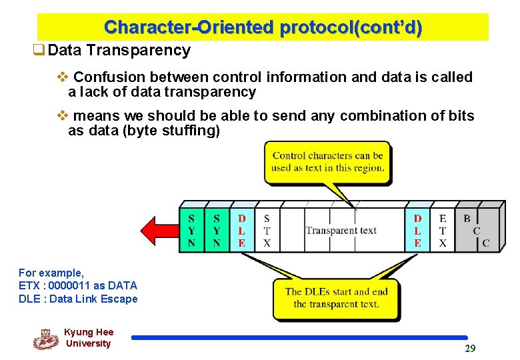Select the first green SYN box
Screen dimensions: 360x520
pos(191,230)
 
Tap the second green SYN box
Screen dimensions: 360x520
pos(216,230)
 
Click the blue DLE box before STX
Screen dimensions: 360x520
pos(241,230)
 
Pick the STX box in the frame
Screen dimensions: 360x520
pos(267,230)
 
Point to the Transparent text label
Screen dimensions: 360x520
pos(341,231)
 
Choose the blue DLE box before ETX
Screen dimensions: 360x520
pos(417,230)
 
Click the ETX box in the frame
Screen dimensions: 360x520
pos(443,230)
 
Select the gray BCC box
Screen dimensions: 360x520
pos(476,230)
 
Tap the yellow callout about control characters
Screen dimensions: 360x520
pos(327,162)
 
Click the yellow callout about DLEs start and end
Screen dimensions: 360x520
pos(336,298)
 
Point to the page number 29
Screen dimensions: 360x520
pos(470,349)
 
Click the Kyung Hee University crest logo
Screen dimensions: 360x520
pos(45,339)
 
